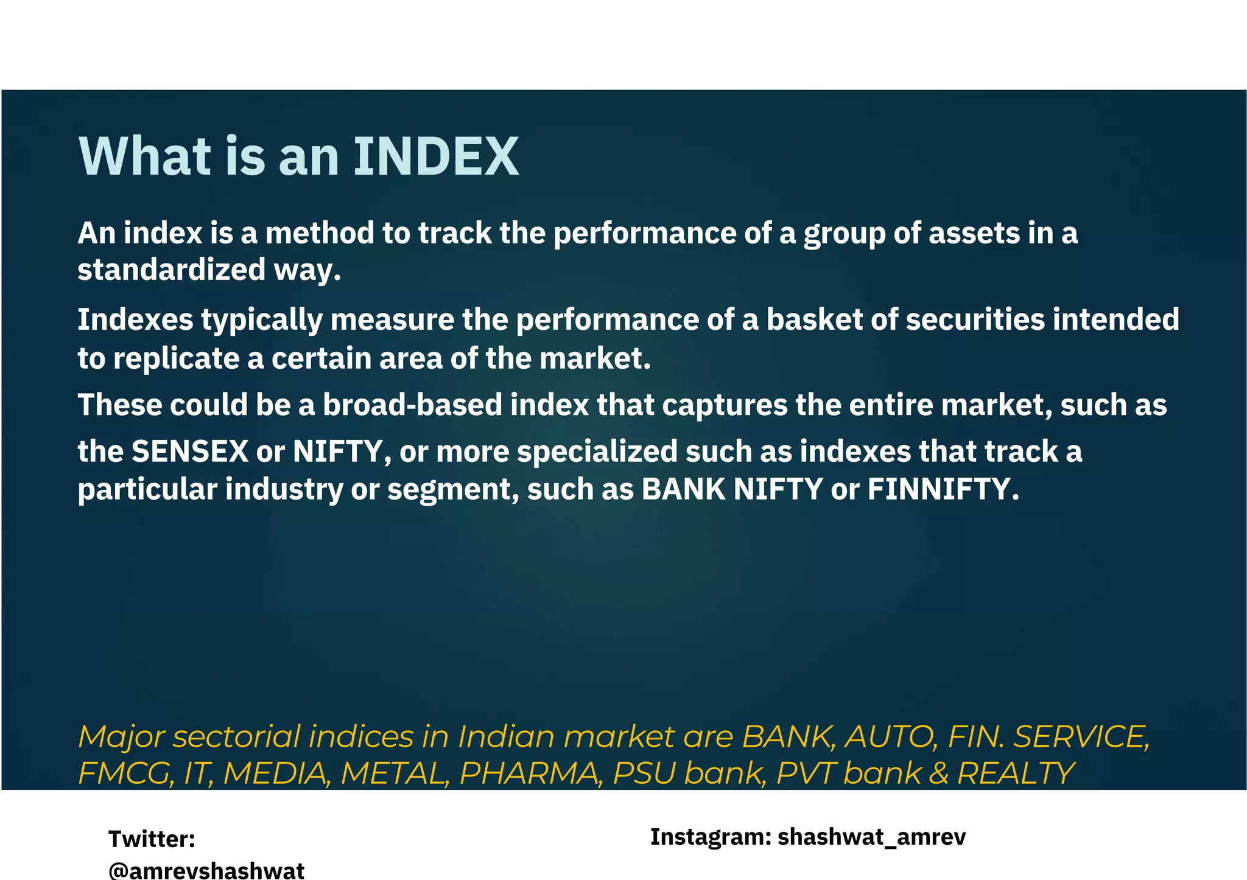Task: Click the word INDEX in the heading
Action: pos(435,156)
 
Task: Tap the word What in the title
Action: pos(145,156)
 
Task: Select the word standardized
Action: pos(172,270)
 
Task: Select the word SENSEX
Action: pos(190,452)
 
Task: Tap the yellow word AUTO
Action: pos(890,737)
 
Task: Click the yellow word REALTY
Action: pos(1016,773)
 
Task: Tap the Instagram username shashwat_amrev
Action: pos(871,837)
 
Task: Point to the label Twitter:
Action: pos(152,839)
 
